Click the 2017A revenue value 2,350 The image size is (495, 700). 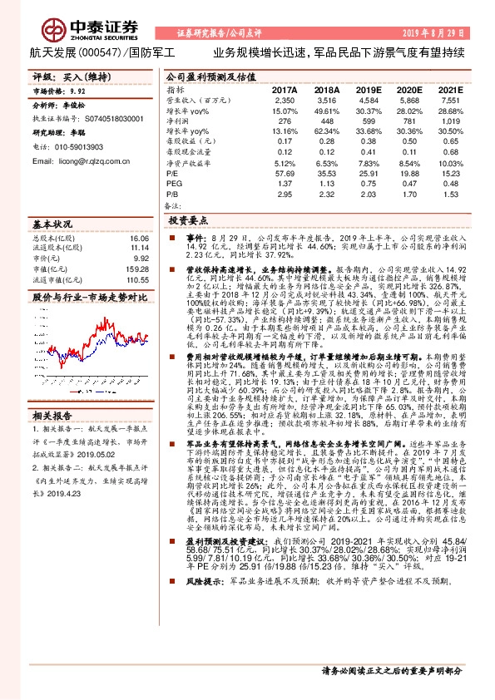point(285,100)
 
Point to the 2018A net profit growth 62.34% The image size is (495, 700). point(327,131)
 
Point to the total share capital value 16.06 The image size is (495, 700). point(139,238)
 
